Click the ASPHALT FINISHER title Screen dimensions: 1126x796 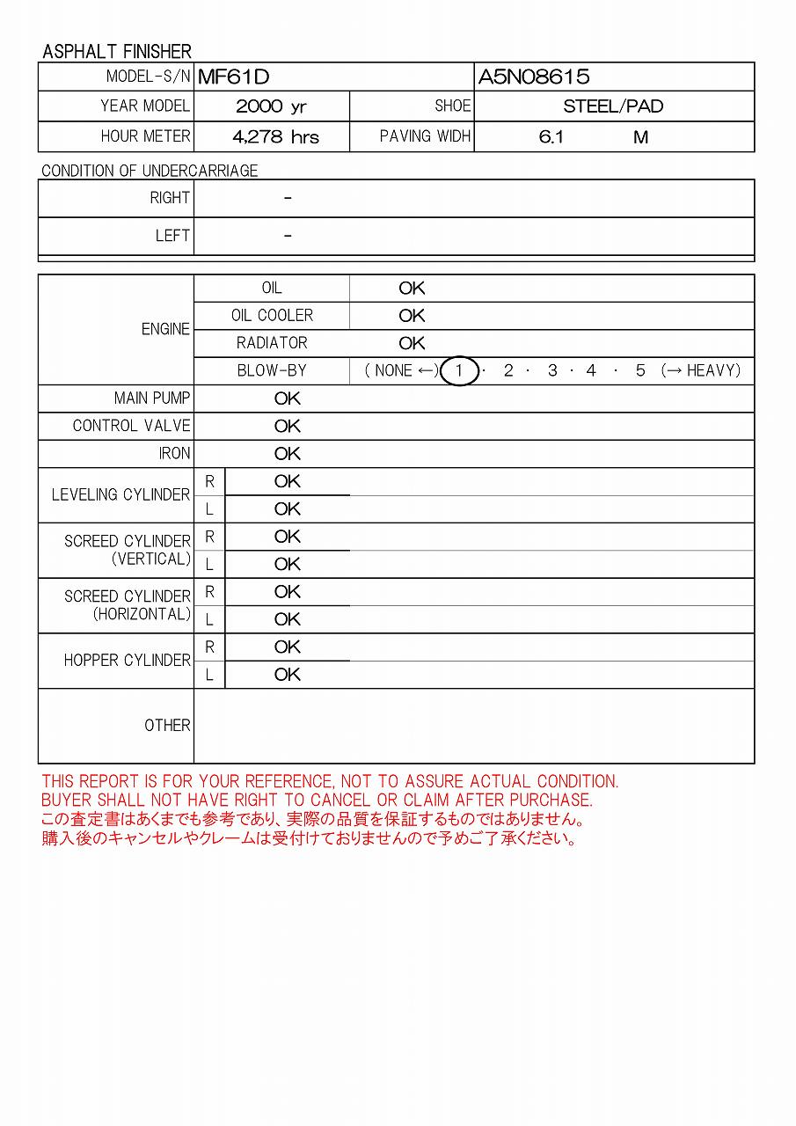tap(117, 51)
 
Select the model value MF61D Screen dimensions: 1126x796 tap(233, 77)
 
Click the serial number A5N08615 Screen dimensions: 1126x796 tap(534, 77)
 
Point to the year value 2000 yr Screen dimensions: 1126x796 tap(271, 106)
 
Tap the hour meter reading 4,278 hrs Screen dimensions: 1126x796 tap(275, 137)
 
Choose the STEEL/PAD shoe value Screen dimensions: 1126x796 tap(613, 106)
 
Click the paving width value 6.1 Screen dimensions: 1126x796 tap(551, 137)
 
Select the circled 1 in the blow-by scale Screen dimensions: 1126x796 tap(458, 370)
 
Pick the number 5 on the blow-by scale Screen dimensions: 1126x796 tap(640, 370)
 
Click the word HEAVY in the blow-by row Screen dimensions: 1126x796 tap(713, 370)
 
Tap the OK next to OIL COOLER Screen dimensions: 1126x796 tap(412, 316)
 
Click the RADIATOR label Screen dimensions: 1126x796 tap(272, 343)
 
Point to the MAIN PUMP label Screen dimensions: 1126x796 tap(151, 398)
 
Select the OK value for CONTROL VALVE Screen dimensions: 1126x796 tap(288, 426)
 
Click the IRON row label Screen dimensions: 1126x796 tap(174, 454)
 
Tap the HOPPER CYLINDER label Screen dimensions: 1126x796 tap(127, 660)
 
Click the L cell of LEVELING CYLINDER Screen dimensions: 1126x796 tap(209, 509)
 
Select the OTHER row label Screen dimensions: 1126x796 tap(167, 726)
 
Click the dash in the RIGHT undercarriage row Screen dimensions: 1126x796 tap(288, 199)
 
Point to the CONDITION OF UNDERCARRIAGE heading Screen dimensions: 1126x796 tap(150, 171)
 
